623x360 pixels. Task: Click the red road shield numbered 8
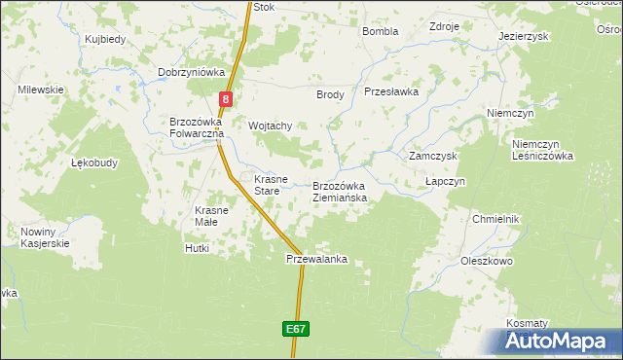226,98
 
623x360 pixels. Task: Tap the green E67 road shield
297,330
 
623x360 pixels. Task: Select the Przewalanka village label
316,260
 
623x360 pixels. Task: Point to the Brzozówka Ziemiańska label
339,192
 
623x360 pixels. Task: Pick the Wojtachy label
271,126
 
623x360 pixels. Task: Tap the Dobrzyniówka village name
192,72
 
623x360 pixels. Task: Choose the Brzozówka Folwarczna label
197,127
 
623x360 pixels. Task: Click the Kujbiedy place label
106,39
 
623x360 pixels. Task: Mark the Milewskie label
40,90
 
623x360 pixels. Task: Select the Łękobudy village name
95,162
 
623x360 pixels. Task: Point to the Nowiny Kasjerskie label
45,237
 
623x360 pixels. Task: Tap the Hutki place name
197,249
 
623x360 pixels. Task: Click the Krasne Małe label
211,216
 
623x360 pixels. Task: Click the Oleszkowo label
487,262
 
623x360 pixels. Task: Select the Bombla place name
381,31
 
